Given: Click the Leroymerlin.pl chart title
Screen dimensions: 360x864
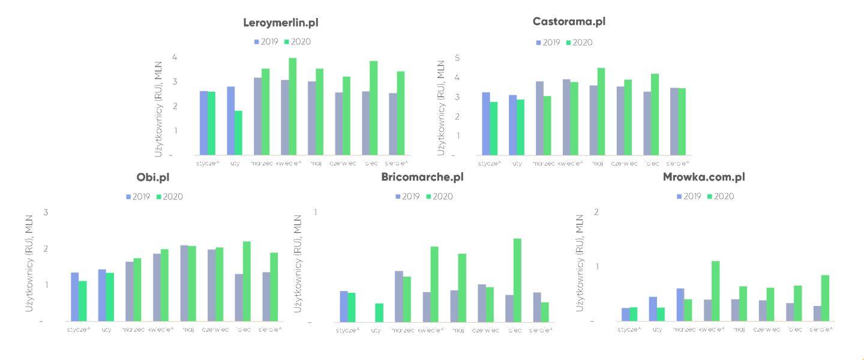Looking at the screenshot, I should click(281, 23).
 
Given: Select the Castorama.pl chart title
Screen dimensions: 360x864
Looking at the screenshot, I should click(569, 22).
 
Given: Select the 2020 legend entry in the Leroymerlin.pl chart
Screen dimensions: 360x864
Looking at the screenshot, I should click(298, 42).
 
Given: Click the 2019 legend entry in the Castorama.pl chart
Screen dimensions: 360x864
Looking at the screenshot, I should click(547, 43).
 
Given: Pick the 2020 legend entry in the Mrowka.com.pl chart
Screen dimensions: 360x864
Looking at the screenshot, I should click(721, 196).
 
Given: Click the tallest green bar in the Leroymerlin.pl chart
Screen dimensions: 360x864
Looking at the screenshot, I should click(293, 107).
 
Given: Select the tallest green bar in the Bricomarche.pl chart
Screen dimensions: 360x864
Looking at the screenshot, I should click(517, 280).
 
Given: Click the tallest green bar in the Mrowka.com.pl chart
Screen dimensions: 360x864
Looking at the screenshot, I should click(715, 291).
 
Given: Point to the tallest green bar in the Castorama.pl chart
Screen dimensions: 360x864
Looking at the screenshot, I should click(601, 112).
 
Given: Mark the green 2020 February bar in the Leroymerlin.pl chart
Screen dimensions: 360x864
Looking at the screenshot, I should click(238, 133).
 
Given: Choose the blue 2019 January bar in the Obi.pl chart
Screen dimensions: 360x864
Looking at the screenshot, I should click(75, 297).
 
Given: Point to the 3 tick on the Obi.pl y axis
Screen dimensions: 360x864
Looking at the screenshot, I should click(46, 212).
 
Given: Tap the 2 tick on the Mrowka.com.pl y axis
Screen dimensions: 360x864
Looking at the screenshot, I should click(596, 212).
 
